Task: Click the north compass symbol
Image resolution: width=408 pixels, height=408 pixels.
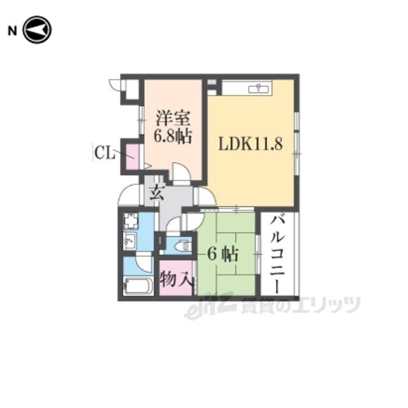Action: [37, 30]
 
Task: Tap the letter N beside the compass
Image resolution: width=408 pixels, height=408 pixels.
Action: [12, 31]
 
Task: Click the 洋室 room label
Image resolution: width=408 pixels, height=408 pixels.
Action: [173, 119]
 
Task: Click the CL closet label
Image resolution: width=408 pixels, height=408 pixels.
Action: [105, 153]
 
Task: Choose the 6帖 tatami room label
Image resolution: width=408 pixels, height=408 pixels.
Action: [222, 254]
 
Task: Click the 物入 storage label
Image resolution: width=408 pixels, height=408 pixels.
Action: [176, 279]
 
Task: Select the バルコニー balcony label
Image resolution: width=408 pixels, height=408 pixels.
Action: [277, 254]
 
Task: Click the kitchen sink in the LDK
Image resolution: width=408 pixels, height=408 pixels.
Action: [258, 89]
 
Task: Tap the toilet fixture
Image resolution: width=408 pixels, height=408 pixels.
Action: [183, 245]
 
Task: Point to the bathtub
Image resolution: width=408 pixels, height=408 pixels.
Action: [138, 286]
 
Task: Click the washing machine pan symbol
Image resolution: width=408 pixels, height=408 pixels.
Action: [130, 221]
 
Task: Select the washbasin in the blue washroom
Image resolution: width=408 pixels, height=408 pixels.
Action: [129, 241]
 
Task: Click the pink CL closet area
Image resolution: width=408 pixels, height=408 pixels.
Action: [133, 157]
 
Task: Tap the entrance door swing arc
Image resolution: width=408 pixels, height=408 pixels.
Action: [127, 194]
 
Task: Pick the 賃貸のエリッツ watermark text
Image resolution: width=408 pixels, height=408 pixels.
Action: [300, 305]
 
